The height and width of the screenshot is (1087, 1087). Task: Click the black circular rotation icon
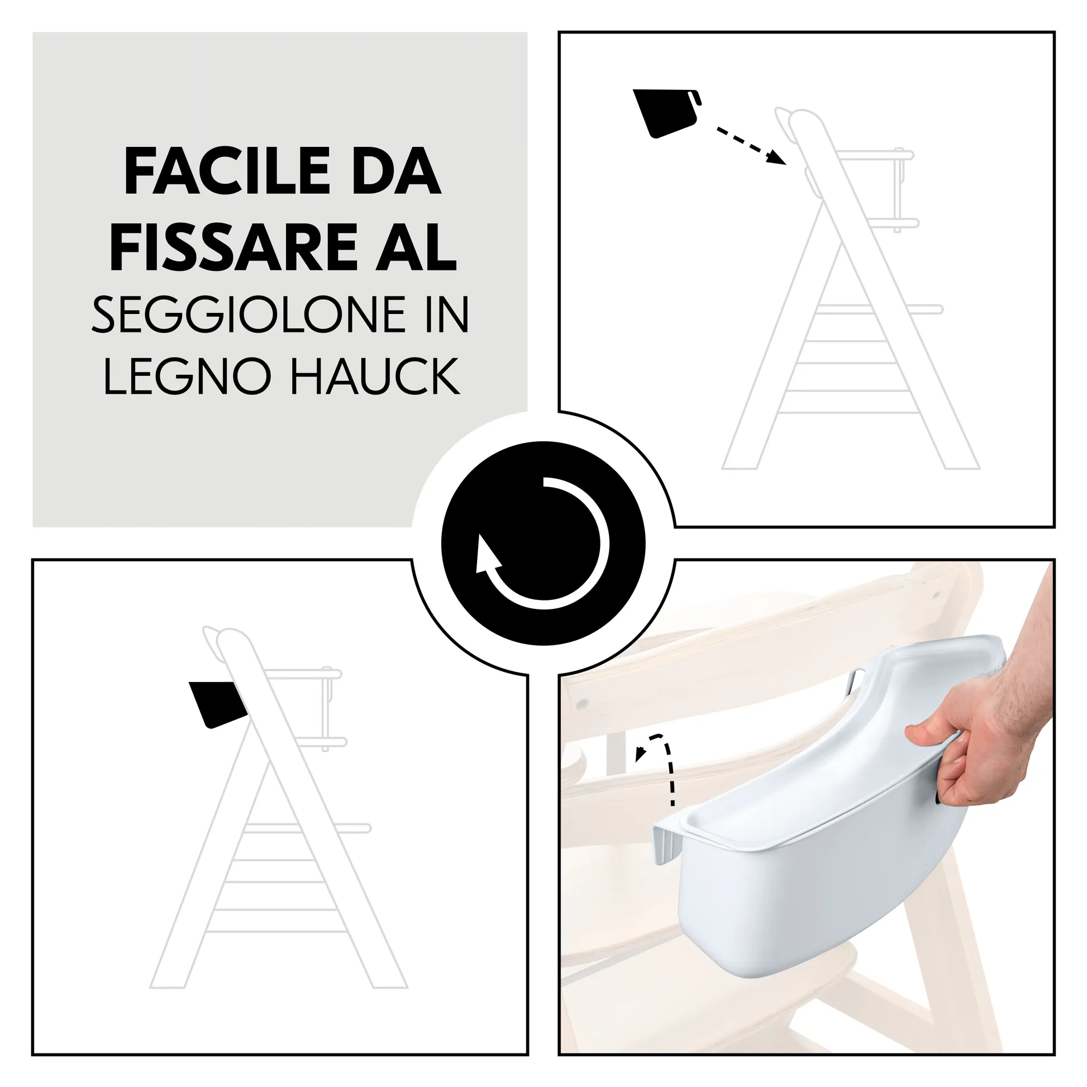tap(543, 543)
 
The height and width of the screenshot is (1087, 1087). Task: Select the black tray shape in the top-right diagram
tap(664, 112)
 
